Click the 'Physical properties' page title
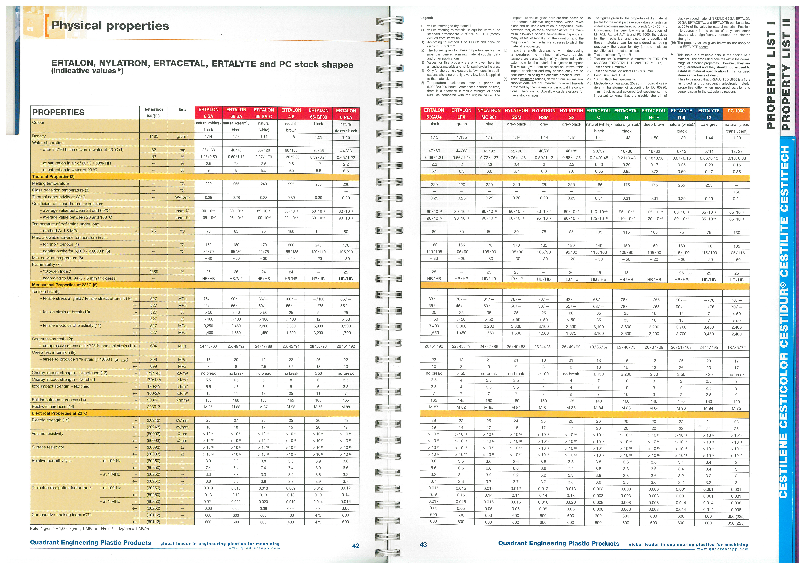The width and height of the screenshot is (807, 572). click(110, 26)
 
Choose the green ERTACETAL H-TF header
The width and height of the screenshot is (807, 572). click(654, 114)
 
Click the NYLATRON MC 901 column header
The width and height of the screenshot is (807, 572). click(489, 114)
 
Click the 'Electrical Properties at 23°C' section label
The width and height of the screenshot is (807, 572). click(59, 413)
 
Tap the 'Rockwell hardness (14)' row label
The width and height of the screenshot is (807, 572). click(53, 407)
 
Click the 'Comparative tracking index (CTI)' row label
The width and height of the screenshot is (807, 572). click(62, 515)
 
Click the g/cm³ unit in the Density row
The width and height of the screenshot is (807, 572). click(182, 136)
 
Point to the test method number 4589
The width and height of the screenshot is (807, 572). click(154, 272)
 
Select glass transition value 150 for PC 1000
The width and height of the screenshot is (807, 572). click(736, 192)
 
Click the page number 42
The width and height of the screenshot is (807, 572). click(355, 546)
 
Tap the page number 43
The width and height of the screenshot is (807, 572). click(423, 545)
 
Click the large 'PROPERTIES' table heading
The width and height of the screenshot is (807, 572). click(59, 112)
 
